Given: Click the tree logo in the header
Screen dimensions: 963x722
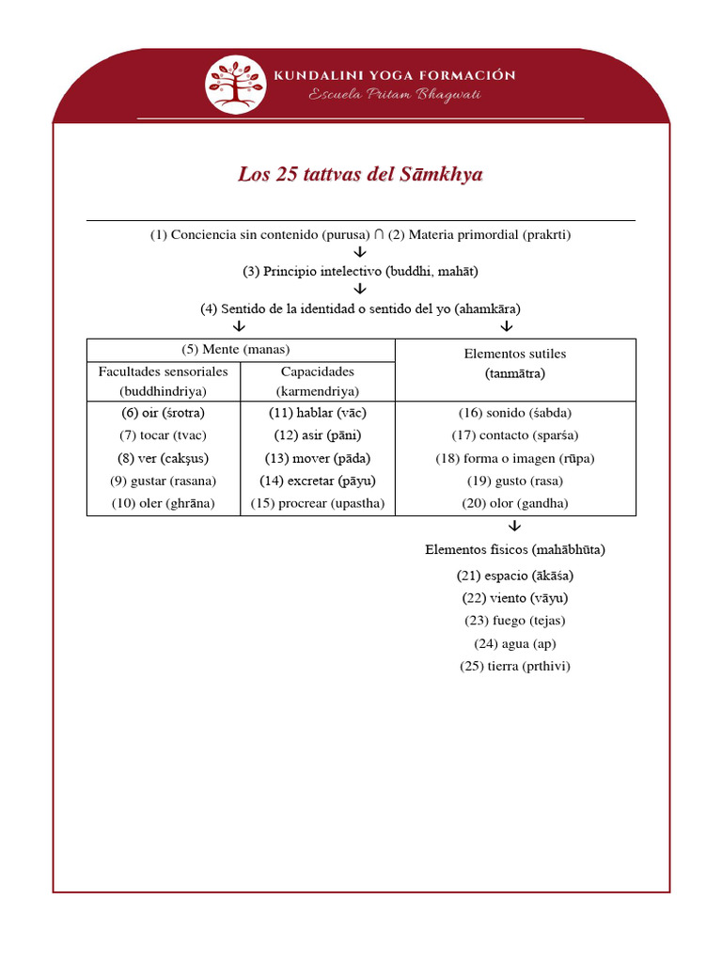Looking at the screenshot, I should (236, 85).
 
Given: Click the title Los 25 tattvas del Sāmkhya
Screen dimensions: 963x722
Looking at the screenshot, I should (360, 175).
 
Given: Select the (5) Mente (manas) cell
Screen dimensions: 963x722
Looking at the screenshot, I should (241, 350).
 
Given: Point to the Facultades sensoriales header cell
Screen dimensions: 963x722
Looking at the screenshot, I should (164, 381).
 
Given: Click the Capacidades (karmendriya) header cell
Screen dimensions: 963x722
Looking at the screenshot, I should (317, 381).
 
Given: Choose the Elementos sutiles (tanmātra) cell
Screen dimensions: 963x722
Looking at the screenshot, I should (515, 363).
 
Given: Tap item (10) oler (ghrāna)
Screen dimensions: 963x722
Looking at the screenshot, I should (163, 503).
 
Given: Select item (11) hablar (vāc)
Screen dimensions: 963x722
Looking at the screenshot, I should (317, 413).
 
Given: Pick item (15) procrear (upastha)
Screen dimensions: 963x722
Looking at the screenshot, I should (317, 503).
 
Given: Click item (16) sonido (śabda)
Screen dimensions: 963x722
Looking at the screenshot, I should (515, 413).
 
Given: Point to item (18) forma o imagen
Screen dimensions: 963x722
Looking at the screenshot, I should (515, 458).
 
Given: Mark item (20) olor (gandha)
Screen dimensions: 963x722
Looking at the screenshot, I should (515, 503).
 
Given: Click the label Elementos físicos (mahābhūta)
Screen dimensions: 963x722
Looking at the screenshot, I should (515, 549).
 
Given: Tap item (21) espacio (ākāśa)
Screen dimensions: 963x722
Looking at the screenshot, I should (515, 576).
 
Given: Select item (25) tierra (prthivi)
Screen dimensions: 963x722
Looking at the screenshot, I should (515, 666).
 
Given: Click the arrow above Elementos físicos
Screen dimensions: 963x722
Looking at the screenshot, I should (514, 527).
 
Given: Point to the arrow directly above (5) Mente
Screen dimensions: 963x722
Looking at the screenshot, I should (239, 326).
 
